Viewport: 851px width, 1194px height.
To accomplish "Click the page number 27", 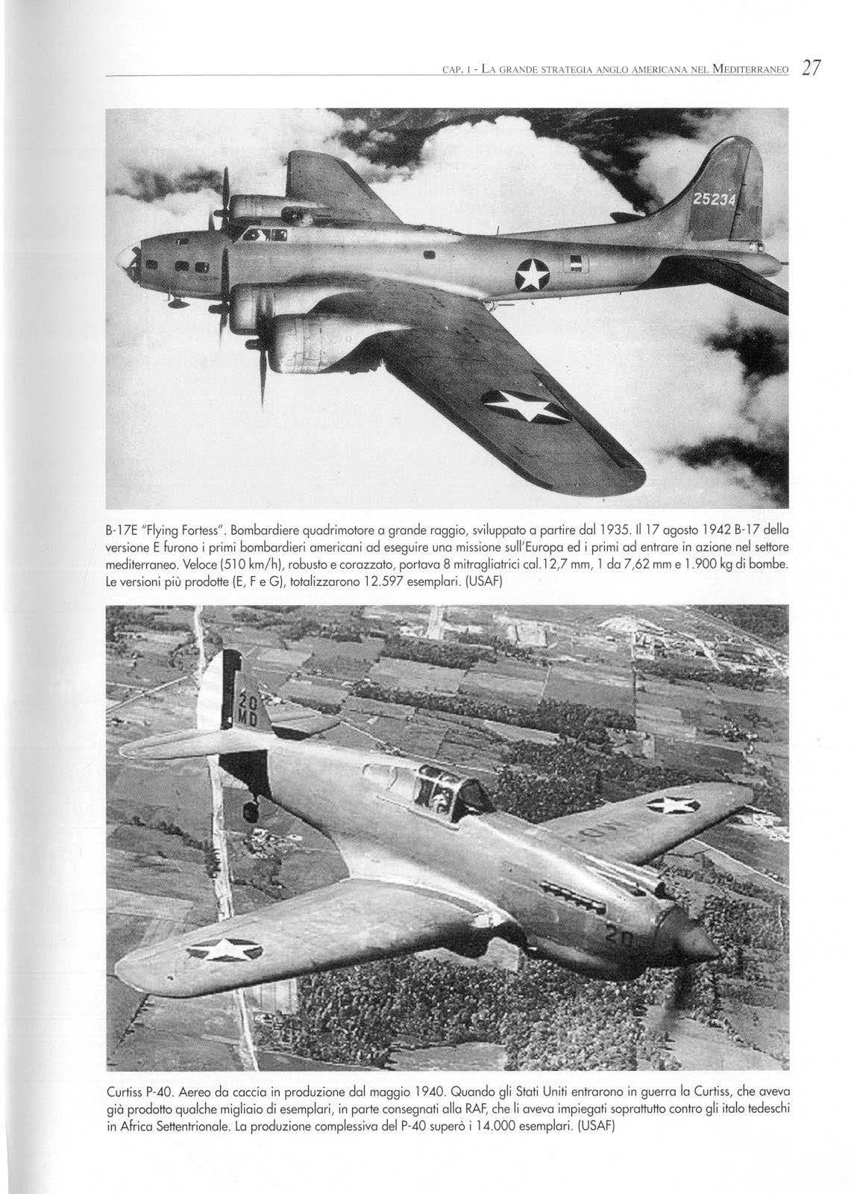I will coord(808,69).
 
